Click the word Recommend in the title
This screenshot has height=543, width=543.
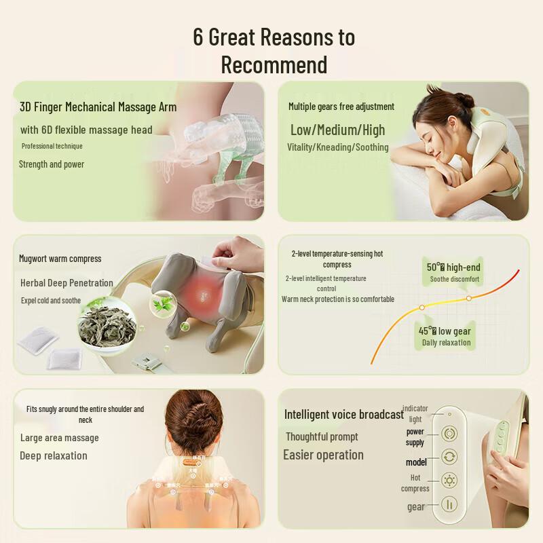coord(274,65)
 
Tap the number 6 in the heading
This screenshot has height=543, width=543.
coord(198,37)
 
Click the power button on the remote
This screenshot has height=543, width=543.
coord(449,433)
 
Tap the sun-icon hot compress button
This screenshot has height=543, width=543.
coord(449,481)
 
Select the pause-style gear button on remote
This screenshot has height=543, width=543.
coord(449,504)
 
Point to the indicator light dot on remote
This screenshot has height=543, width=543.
coord(449,413)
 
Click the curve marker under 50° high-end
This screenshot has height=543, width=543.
coord(468,298)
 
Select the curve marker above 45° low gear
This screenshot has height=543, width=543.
coord(422,307)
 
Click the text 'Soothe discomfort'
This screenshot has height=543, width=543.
coord(455,279)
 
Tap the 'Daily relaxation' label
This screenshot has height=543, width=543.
coord(446,343)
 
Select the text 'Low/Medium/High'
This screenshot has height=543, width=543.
coord(337,130)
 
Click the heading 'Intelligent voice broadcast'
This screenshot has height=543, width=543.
coord(343,415)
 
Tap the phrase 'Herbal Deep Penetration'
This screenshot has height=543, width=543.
coord(67,283)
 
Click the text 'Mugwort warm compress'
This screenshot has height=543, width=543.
coord(60,259)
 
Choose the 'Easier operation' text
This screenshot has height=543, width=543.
coord(323,455)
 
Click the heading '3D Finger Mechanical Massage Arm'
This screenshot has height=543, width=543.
coord(98,107)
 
